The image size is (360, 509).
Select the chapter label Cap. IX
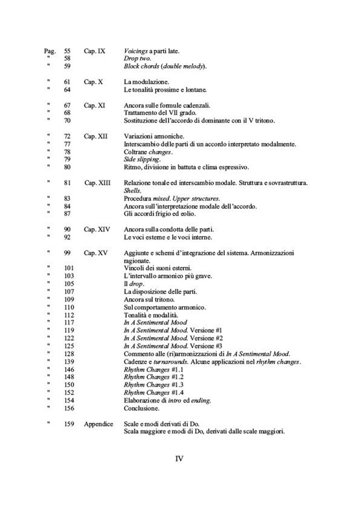(94, 51)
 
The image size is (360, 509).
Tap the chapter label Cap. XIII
(97, 183)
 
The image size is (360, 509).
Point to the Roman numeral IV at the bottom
(180, 458)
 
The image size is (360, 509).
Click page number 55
(68, 51)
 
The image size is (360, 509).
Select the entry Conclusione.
(142, 409)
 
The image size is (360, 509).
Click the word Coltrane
(136, 152)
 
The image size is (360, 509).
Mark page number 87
(68, 214)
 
